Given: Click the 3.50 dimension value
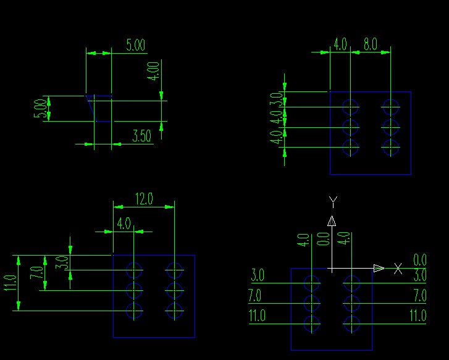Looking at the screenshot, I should [142, 136].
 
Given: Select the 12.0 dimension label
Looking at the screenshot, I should [144, 199].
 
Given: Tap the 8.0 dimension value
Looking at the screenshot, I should [370, 44].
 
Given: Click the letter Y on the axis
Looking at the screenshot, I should [333, 201].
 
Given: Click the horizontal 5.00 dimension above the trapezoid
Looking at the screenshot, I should [136, 44].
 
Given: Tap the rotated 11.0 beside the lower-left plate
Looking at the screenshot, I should [9, 283].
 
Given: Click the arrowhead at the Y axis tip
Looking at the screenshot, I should [332, 221].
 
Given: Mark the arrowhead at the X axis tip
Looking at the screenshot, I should [379, 268].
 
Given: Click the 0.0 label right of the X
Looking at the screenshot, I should [420, 260].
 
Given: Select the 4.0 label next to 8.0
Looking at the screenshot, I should [340, 44].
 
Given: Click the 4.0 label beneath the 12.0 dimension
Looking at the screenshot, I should [124, 223].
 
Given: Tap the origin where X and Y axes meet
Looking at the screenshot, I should [332, 269].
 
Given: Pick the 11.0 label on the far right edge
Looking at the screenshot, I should [418, 316].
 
